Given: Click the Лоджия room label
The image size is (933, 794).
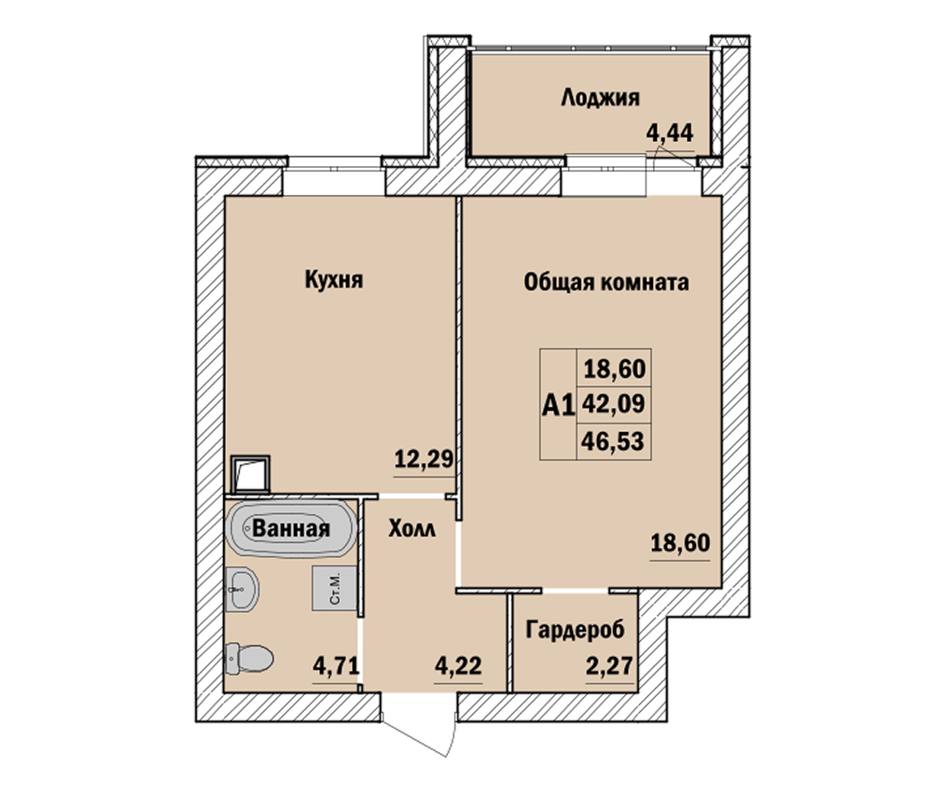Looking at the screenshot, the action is point(600,98).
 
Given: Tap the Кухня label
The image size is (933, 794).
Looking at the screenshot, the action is point(334,279).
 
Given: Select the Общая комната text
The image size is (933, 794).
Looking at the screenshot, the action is point(606,282).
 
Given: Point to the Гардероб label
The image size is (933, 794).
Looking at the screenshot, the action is point(576,629).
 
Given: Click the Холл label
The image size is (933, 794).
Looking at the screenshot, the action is point(411,528).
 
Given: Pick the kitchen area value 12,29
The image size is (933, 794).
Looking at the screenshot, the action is point(425,459).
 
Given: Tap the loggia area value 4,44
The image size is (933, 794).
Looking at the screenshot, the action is point(670,133).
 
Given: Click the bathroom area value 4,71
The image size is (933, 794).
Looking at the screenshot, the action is point(336,666).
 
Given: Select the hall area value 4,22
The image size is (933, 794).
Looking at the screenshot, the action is point(458,666).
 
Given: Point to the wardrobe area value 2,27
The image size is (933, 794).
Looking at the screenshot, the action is point(609,666).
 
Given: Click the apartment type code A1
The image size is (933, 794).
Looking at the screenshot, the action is point(558,406).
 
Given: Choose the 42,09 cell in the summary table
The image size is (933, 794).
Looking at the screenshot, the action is point(614,404).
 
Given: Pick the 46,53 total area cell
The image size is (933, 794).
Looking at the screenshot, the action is point(614,441).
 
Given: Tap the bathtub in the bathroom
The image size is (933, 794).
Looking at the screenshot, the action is point(291,528).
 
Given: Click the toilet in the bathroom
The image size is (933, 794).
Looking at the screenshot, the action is point(249,659).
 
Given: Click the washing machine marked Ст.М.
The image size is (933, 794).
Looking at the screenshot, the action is point(334,588).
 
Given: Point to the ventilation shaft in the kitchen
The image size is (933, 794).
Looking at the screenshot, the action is point(250,474).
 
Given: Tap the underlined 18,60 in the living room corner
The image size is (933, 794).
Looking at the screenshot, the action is point(680,543).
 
